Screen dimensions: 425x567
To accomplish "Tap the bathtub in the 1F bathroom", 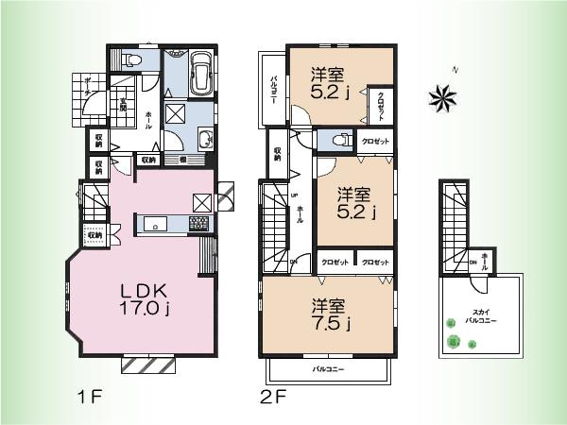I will tap(200, 75).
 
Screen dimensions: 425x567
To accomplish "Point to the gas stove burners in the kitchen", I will tap(200, 224).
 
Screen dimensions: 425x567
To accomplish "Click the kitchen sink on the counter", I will tap(156, 224).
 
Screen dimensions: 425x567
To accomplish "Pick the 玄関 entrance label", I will tap(122, 102).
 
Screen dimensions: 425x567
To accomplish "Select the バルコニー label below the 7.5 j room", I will tap(327, 369).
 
